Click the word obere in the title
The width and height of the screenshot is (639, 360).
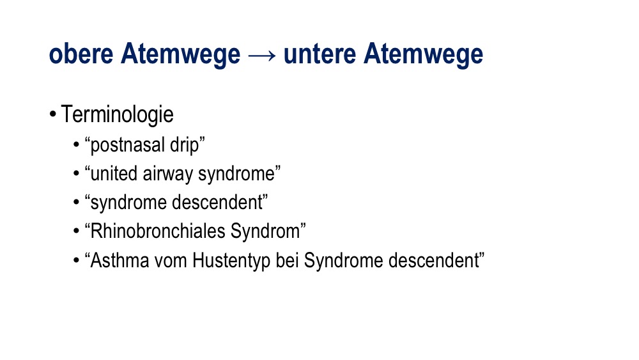click(81, 54)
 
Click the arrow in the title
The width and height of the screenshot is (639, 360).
click(261, 55)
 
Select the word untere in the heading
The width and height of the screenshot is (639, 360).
click(319, 54)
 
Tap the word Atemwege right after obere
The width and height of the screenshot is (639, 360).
click(181, 54)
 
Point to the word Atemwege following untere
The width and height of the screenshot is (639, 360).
click(424, 54)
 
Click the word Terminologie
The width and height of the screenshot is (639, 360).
click(118, 114)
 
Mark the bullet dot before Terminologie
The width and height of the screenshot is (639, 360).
click(52, 114)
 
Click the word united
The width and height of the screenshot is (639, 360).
click(114, 173)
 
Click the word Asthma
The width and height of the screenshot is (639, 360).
click(120, 260)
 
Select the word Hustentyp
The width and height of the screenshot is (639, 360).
click(231, 261)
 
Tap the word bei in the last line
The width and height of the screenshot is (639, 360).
click(287, 260)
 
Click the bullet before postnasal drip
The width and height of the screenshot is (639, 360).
click(76, 145)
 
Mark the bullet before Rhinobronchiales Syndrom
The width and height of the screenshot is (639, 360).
click(76, 231)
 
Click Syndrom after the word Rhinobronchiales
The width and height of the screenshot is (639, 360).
click(265, 231)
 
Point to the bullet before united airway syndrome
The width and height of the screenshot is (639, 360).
click(76, 173)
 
